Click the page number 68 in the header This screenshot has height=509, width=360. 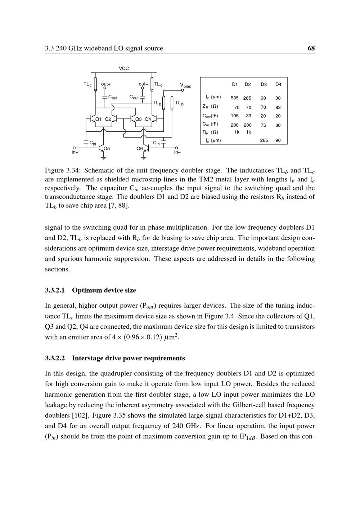(311, 48)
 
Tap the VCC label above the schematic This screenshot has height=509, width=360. (124, 68)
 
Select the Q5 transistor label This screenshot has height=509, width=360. (107, 148)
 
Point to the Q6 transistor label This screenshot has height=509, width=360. (140, 148)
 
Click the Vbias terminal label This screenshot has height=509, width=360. (185, 86)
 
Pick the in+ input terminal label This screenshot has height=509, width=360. (75, 152)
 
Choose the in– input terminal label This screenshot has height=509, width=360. (177, 152)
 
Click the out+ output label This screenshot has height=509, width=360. (106, 84)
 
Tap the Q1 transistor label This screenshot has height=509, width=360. (98, 119)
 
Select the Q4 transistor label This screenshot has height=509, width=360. (148, 119)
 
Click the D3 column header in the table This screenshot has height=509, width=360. (264, 85)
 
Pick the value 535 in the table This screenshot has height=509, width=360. (235, 98)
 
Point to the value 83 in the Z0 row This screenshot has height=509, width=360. (278, 107)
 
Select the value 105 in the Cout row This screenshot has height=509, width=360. (235, 116)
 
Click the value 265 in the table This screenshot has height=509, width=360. (264, 140)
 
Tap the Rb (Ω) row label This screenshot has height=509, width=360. (210, 132)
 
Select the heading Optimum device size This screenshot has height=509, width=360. (104, 290)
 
